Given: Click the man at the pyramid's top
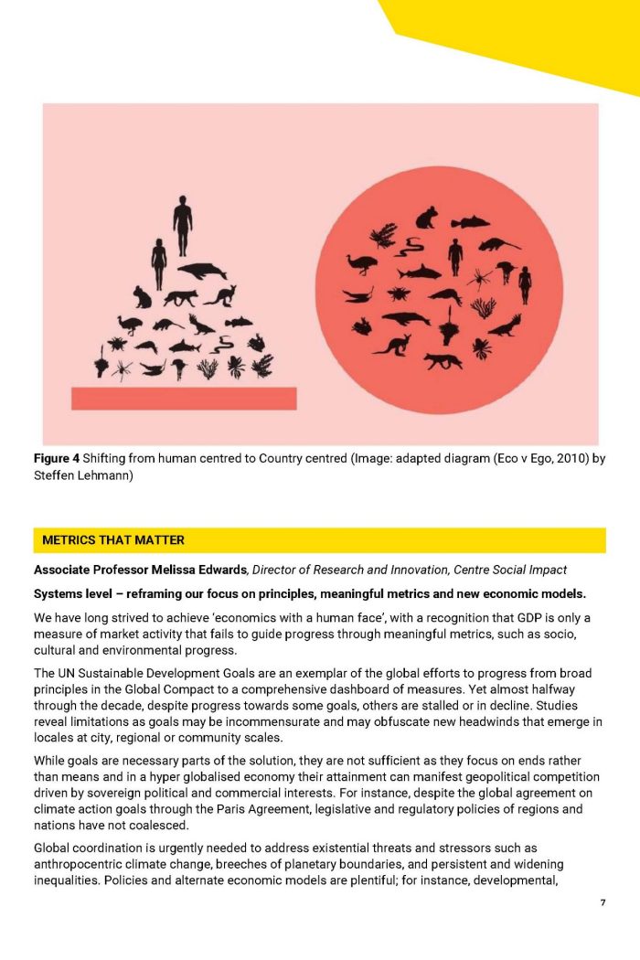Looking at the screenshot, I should (183, 224).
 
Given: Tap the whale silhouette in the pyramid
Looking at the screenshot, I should (202, 270).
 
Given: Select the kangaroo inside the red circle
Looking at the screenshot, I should (391, 346).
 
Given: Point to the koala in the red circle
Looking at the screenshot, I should (426, 218).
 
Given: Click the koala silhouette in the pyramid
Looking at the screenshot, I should (142, 296).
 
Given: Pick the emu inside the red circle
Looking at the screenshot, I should (362, 264).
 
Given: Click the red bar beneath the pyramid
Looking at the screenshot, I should (184, 398).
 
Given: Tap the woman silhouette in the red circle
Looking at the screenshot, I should (525, 284).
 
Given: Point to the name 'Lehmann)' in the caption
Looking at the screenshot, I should (108, 475).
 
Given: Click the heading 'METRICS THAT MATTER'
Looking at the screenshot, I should (113, 539).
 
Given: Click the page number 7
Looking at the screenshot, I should (603, 903).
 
